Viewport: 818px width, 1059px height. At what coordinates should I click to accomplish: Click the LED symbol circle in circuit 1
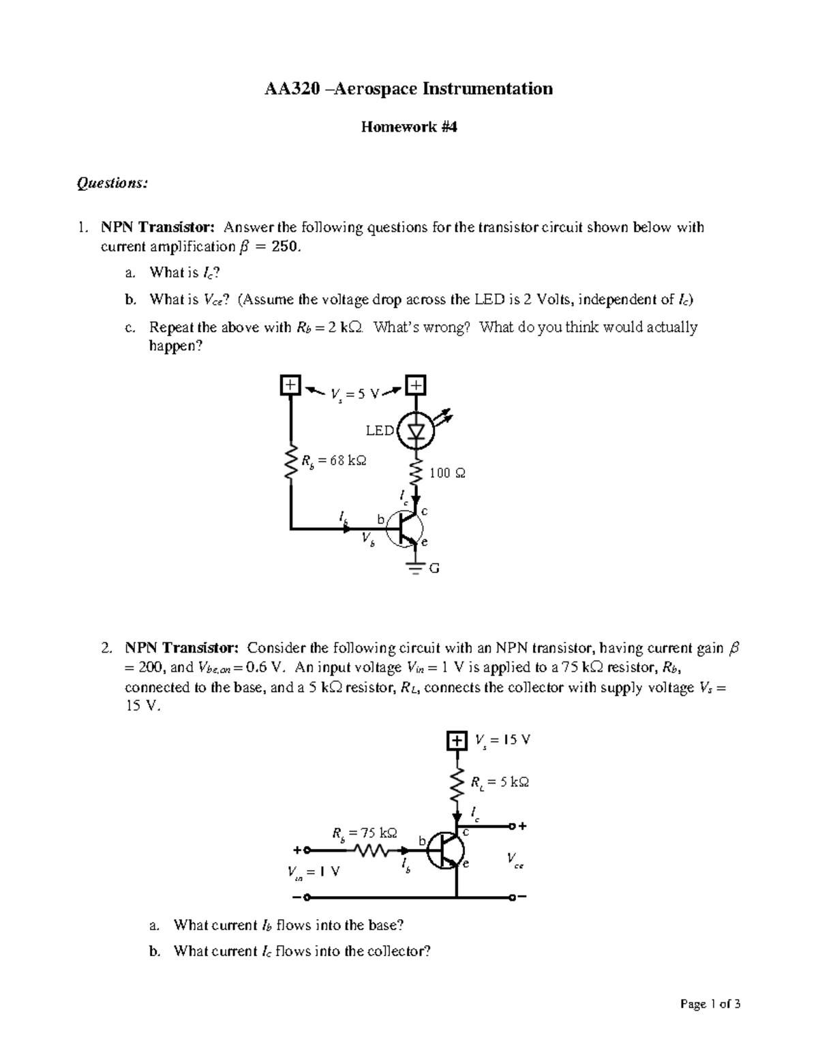[x=416, y=431]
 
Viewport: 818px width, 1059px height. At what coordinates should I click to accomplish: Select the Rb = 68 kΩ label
[x=334, y=461]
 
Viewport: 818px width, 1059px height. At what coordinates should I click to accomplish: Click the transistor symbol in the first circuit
[x=405, y=530]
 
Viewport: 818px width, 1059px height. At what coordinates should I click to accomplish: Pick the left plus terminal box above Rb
[x=290, y=385]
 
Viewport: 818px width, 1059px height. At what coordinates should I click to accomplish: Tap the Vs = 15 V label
[x=502, y=741]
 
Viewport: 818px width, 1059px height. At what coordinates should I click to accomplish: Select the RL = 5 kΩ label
[x=500, y=783]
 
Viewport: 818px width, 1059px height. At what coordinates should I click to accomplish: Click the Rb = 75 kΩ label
[x=364, y=833]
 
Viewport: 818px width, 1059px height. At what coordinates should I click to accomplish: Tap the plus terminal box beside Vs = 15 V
[x=456, y=741]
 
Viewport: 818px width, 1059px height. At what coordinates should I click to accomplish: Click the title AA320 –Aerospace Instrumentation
[x=408, y=89]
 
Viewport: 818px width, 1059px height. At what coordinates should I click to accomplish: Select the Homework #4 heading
[x=408, y=127]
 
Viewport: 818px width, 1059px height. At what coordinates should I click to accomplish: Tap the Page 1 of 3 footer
[x=709, y=1004]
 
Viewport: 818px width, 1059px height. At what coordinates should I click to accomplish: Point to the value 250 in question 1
[x=284, y=247]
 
